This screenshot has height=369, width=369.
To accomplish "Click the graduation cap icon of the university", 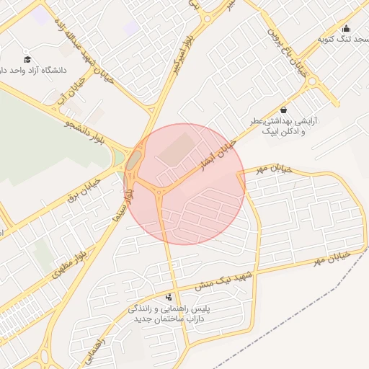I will (27, 59).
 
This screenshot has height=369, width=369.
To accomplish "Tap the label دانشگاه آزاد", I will (37, 71).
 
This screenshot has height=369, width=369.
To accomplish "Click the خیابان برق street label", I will (81, 187).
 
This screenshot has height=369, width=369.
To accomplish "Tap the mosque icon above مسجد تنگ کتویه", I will (345, 28).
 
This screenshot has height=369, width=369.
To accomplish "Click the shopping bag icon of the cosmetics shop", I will (283, 110).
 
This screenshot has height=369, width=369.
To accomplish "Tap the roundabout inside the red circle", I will (158, 191).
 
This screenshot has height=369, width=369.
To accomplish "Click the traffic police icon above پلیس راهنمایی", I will (169, 296).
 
